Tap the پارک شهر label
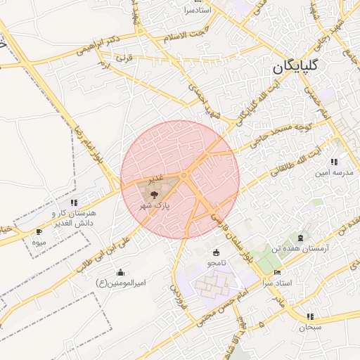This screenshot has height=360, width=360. [155, 205]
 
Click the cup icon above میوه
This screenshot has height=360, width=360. [39, 231]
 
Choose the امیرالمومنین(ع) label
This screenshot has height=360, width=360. [121, 283]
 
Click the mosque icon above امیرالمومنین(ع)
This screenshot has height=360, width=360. [121, 272]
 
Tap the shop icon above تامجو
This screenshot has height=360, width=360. [215, 252]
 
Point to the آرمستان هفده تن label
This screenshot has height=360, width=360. [302, 249]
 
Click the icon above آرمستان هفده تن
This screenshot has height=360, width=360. [302, 238]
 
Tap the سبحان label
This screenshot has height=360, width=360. [309, 326]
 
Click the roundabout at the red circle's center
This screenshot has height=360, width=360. [183, 175]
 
